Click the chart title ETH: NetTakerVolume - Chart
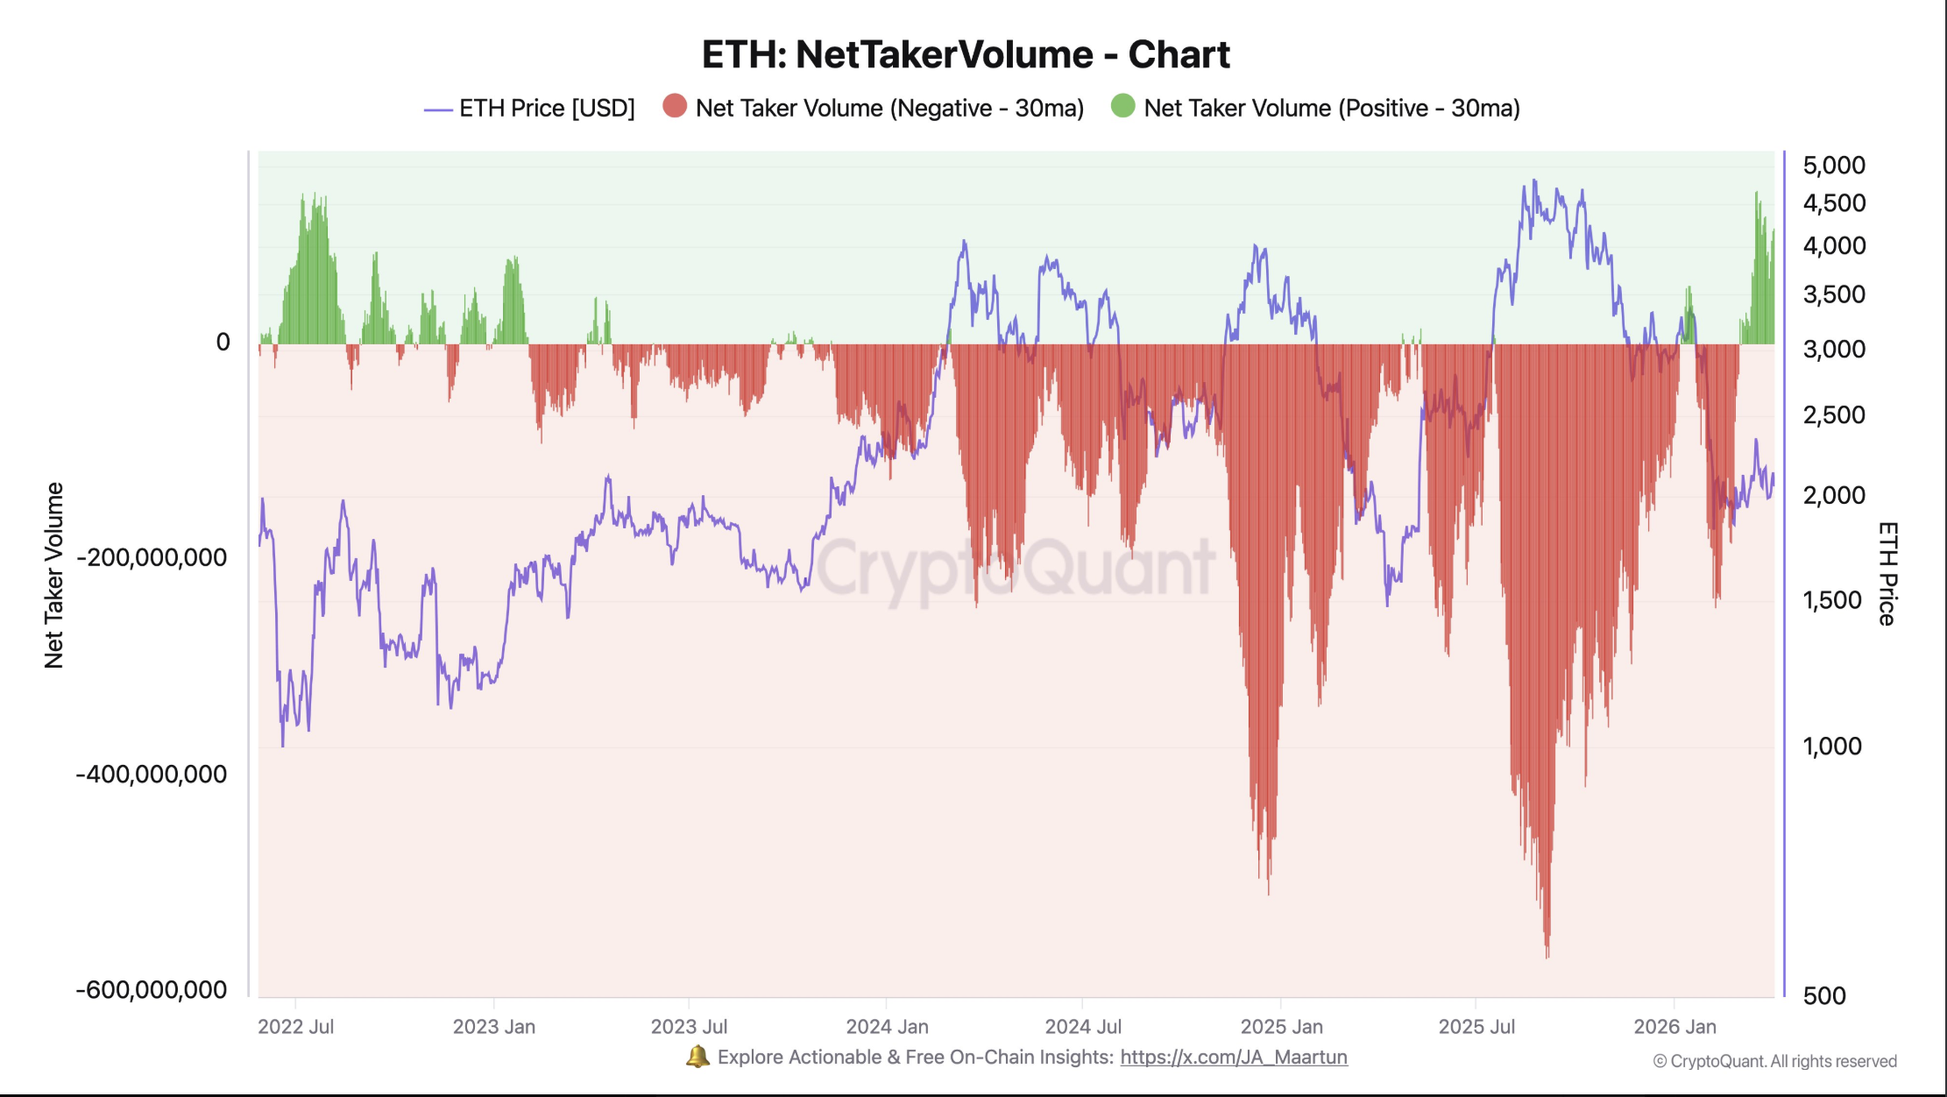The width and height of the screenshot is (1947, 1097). [966, 54]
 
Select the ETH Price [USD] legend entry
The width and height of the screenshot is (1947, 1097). [530, 109]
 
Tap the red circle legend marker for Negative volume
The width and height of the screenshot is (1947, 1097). [675, 107]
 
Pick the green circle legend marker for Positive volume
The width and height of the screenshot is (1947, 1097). [1122, 107]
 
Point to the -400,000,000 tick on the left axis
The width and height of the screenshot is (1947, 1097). [152, 774]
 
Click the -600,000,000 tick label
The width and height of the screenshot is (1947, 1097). [152, 990]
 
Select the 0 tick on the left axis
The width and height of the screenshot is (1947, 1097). [223, 343]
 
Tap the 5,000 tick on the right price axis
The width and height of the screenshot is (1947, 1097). [1833, 166]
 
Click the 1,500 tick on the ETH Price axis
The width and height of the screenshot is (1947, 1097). [1831, 601]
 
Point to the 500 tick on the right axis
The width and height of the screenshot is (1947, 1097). [1824, 996]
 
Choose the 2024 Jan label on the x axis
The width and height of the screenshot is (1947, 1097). [887, 1027]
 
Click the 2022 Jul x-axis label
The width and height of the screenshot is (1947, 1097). [296, 1027]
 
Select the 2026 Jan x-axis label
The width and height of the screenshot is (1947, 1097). [1674, 1027]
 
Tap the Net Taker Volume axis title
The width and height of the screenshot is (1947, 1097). [54, 576]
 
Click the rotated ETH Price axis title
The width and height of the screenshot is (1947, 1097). [1887, 574]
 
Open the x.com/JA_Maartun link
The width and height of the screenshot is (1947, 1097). [1233, 1058]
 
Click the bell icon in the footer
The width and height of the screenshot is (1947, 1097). [697, 1057]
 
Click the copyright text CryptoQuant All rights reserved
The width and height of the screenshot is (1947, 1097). [1775, 1062]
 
